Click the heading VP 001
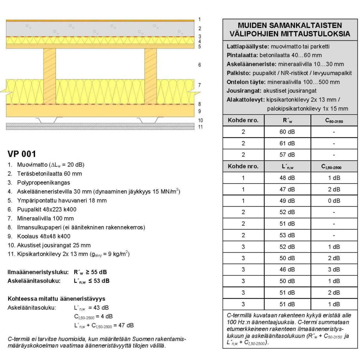(22, 154)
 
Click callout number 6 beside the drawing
(200, 65)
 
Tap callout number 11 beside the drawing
(200, 127)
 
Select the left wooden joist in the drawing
(49, 76)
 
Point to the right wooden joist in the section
(151, 76)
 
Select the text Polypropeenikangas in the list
(43, 183)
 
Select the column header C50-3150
(334, 121)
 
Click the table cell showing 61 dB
(287, 143)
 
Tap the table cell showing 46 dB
(287, 269)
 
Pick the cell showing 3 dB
(334, 269)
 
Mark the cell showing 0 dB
(334, 201)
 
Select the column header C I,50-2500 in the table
(334, 166)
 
